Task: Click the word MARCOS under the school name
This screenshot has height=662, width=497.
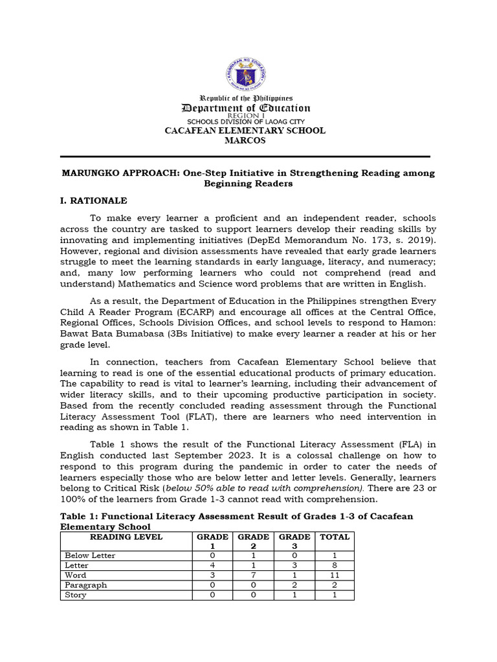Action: (x=245, y=140)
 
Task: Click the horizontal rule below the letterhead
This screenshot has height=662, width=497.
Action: (x=245, y=156)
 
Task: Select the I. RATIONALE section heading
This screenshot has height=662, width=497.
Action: (x=94, y=201)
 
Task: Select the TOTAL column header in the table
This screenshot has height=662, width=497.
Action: (x=335, y=537)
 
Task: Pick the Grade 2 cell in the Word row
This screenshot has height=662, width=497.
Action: (x=253, y=575)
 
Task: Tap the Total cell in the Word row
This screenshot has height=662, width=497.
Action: (x=335, y=575)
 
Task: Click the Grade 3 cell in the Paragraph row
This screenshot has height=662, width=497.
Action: (x=294, y=585)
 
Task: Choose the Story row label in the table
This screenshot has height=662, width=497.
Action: (x=76, y=595)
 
